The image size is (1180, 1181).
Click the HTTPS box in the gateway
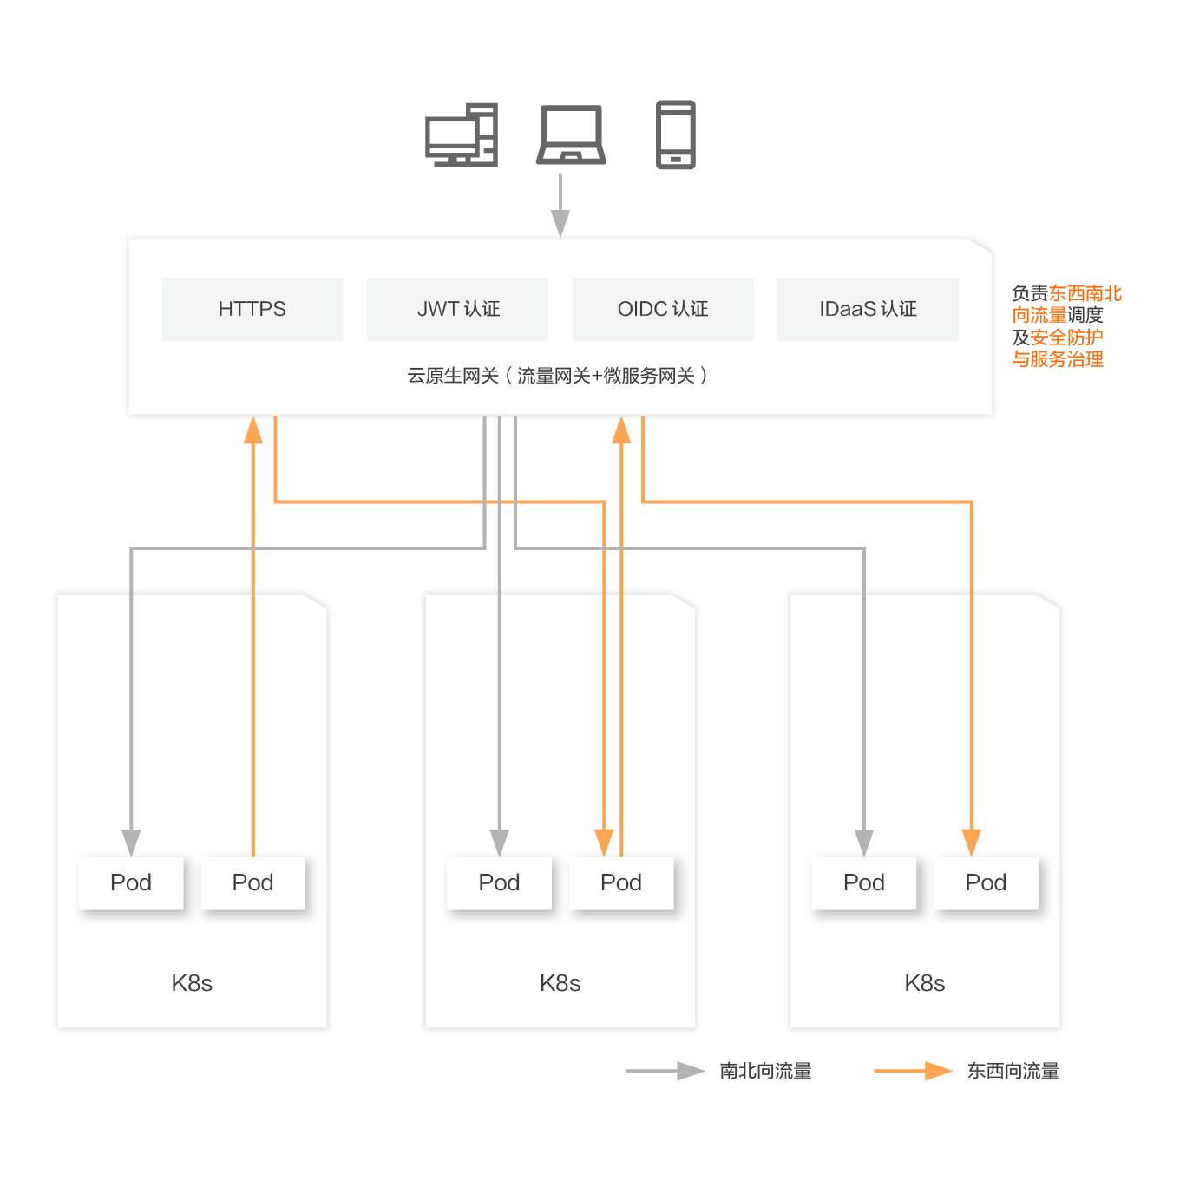click(x=252, y=308)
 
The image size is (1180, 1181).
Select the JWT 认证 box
click(x=457, y=308)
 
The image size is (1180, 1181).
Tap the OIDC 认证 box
click(x=662, y=308)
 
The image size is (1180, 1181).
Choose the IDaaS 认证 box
click(x=868, y=308)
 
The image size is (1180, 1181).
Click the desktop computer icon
click(x=461, y=135)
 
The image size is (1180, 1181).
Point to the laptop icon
click(x=571, y=135)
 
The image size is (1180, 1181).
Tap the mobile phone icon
click(x=675, y=135)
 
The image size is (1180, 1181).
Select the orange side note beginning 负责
click(x=1066, y=325)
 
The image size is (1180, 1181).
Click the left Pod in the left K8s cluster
click(x=130, y=882)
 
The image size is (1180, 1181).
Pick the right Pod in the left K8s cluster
click(x=252, y=882)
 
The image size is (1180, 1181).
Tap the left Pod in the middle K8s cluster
click(x=499, y=882)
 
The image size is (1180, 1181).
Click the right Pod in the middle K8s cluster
click(x=621, y=882)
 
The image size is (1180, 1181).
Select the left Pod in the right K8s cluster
click(x=863, y=882)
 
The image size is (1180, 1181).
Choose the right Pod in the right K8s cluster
click(x=986, y=882)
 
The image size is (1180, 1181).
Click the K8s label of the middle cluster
click(x=560, y=982)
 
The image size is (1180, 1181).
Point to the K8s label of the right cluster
click(x=924, y=982)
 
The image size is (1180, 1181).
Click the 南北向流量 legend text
click(x=765, y=1070)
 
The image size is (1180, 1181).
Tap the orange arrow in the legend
click(x=913, y=1071)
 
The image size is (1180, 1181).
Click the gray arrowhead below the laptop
click(x=560, y=223)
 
